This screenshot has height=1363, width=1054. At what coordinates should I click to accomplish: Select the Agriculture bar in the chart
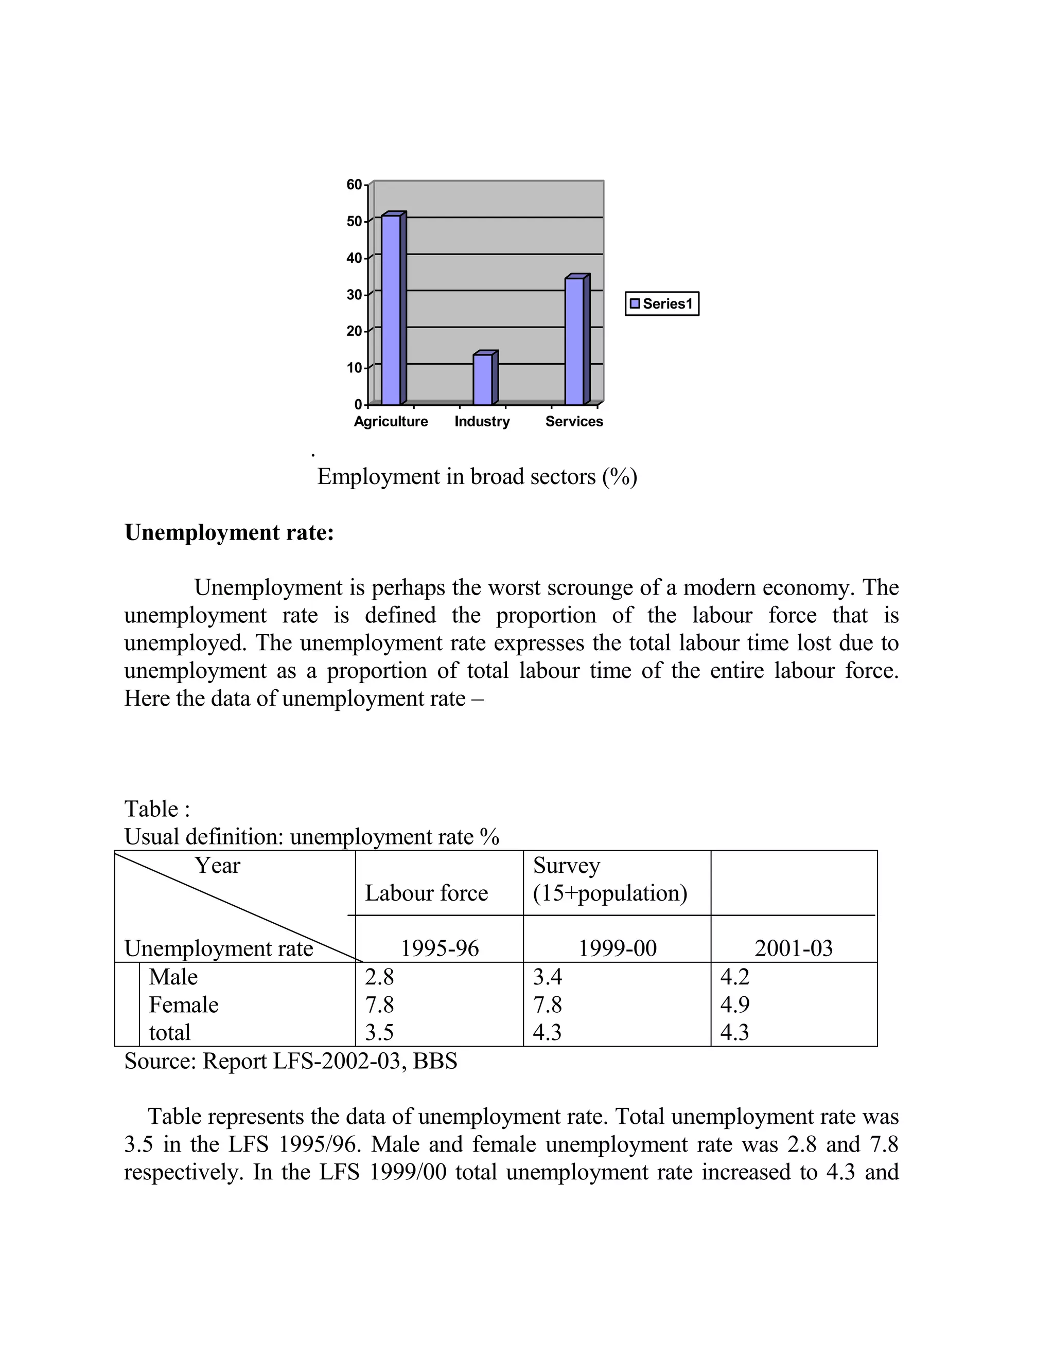click(x=392, y=310)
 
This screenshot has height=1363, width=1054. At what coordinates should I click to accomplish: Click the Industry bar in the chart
click(x=483, y=379)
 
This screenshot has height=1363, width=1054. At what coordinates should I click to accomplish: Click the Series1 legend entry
click(x=662, y=304)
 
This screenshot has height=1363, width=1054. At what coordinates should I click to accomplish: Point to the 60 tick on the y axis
click(x=354, y=185)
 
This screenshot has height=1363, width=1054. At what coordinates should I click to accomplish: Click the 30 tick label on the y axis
click(x=354, y=295)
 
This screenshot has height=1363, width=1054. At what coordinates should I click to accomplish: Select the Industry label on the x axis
click(x=482, y=422)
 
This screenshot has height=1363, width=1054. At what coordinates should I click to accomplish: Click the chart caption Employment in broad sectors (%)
click(x=477, y=477)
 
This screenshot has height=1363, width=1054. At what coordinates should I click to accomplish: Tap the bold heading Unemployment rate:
click(x=229, y=532)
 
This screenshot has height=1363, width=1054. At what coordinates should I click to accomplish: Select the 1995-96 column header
click(x=440, y=948)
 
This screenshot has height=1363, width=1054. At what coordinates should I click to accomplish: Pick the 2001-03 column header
click(x=794, y=948)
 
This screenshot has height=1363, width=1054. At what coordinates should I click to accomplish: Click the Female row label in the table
click(x=184, y=1005)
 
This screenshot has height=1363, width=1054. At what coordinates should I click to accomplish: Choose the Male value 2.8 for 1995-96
click(x=380, y=977)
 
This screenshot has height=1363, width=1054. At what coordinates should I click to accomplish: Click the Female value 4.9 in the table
click(x=735, y=1005)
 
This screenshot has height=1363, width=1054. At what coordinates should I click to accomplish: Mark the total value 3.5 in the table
click(x=380, y=1032)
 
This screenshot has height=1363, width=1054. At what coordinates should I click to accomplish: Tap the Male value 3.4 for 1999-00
click(x=548, y=977)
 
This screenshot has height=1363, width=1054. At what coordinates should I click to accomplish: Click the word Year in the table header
click(x=217, y=866)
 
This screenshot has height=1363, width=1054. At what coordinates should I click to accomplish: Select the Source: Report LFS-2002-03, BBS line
click(x=291, y=1061)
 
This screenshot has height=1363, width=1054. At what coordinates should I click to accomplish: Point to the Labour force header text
click(x=427, y=893)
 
